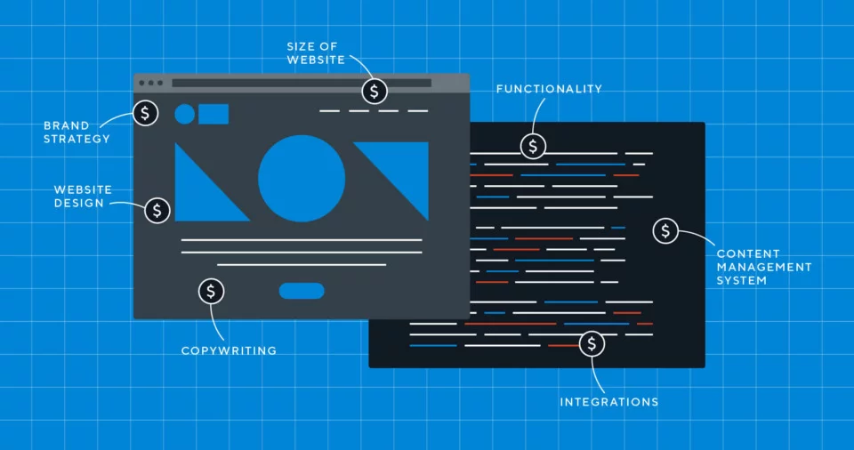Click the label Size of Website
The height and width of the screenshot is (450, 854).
pos(317,52)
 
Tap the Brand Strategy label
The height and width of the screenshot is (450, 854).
pos(77,132)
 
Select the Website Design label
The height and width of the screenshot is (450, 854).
pos(79,197)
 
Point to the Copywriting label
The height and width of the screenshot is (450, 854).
pos(229,350)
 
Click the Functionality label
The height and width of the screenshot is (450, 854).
pos(549,89)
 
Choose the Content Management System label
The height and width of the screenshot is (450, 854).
pos(763,267)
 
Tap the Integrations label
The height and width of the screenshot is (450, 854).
pos(609,402)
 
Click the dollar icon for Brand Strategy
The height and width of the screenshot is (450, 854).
pos(145,113)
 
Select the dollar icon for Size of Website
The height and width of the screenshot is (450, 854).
pos(375,91)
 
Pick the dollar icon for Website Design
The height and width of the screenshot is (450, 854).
pos(157,210)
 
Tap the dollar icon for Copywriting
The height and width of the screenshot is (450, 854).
pos(211,291)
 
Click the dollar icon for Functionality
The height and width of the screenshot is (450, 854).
pos(533,146)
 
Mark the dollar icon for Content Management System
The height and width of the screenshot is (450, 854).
pos(665,231)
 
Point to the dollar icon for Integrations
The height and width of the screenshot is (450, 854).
pos(592,344)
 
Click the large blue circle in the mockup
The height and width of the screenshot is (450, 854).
pos(302,179)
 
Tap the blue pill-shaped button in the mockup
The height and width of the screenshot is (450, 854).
pos(302,291)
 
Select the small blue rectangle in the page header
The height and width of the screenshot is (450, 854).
pos(213,114)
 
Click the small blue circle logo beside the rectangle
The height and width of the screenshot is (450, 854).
pos(185,114)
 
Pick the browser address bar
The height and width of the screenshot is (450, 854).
pos(301,83)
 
